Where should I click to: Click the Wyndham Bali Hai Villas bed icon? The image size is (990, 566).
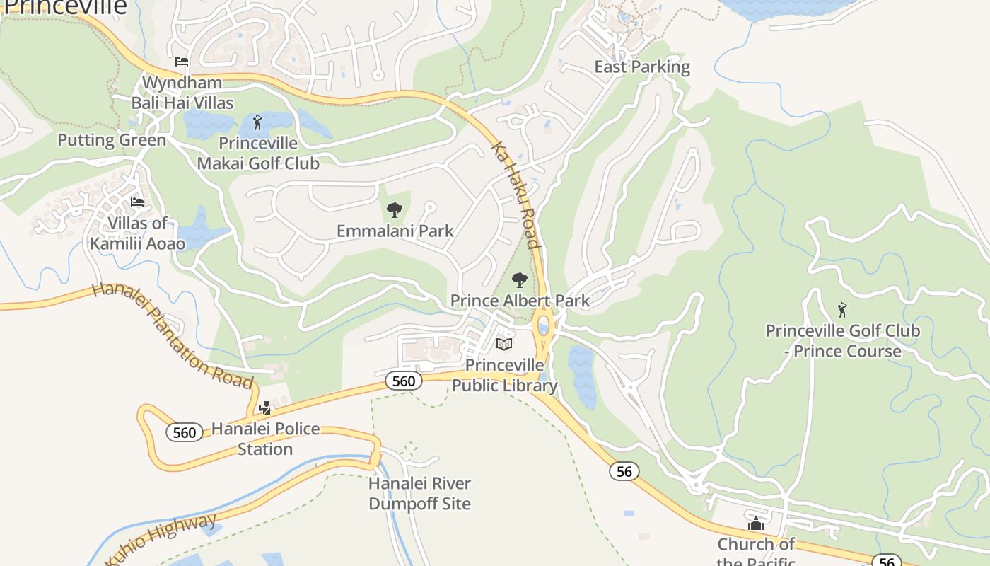click(x=182, y=62)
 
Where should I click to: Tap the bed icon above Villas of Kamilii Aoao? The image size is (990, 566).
click(x=137, y=202)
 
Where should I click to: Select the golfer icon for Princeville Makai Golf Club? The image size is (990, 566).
click(x=257, y=122)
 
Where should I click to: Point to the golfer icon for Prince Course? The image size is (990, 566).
click(x=842, y=310)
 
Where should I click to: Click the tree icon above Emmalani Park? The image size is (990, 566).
click(x=395, y=210)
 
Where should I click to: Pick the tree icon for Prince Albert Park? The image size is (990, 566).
click(x=520, y=280)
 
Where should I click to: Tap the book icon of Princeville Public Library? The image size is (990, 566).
click(x=504, y=345)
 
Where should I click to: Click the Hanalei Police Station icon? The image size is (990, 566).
click(x=265, y=408)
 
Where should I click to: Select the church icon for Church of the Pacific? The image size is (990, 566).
click(x=756, y=524)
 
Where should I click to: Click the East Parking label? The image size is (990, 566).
click(x=641, y=67)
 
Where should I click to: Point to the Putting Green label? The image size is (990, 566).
click(x=112, y=140)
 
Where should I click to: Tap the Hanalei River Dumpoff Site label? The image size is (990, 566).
click(x=419, y=494)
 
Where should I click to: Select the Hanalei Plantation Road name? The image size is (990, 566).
click(x=173, y=335)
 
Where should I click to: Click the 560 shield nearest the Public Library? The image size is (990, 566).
click(x=403, y=381)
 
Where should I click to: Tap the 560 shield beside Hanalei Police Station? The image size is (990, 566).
click(x=184, y=432)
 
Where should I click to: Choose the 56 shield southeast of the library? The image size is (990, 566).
click(x=624, y=471)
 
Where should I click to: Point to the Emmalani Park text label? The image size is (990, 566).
click(x=395, y=231)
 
